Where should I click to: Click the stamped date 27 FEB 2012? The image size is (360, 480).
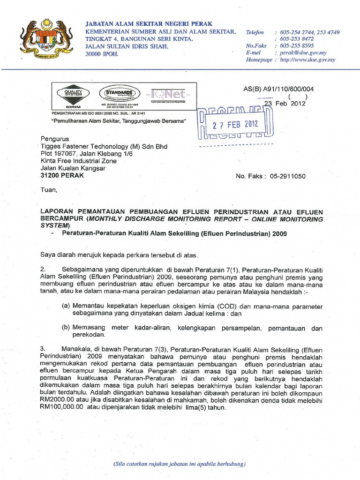(x=235, y=125)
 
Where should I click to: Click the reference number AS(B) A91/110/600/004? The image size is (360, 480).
(x=278, y=89)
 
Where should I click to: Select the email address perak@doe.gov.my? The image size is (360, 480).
(x=302, y=53)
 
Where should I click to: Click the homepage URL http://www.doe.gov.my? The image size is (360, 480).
(x=307, y=60)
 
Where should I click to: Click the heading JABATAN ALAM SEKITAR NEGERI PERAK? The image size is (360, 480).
(x=149, y=23)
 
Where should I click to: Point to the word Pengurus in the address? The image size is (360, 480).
(x=55, y=139)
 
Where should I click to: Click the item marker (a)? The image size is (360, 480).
(x=66, y=306)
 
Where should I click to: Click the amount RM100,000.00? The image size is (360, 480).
(x=61, y=407)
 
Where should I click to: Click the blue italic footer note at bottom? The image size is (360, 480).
(x=180, y=464)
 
